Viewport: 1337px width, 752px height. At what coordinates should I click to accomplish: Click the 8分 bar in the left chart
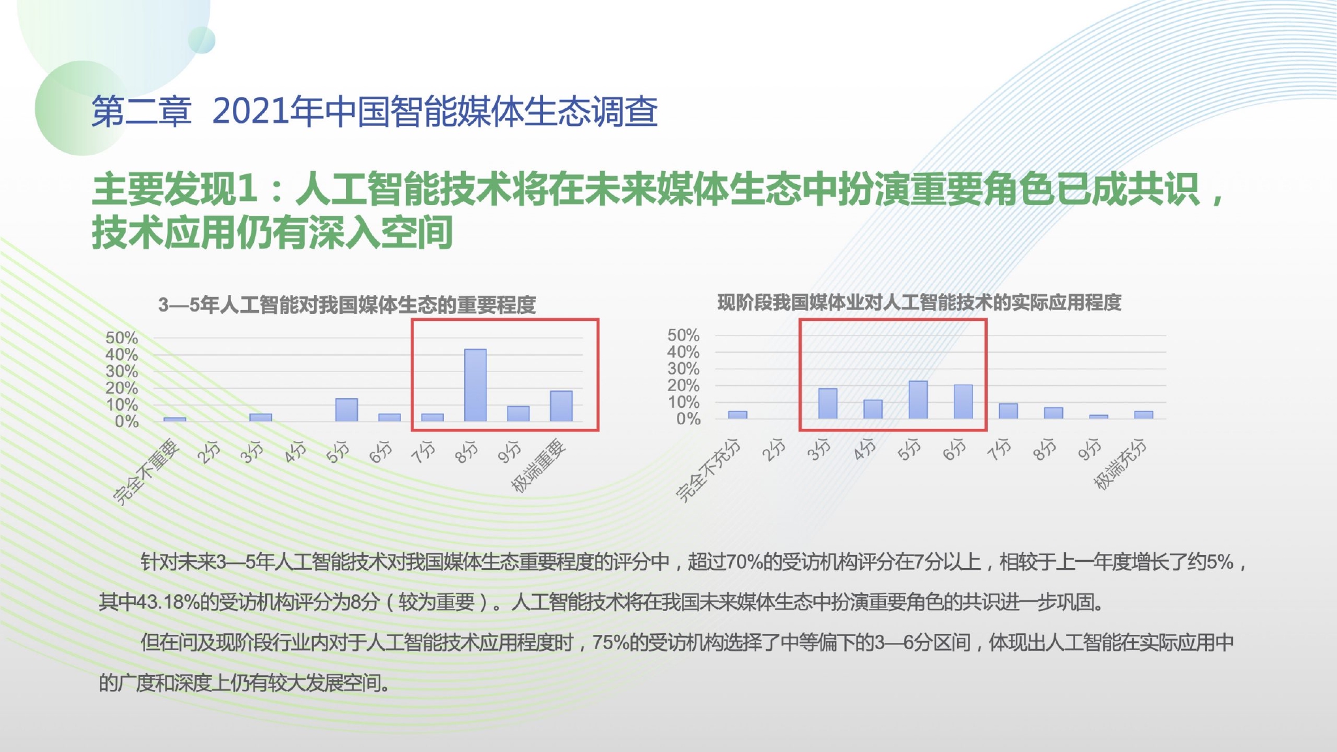(475, 385)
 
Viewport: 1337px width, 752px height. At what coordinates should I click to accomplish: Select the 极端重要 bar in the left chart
(561, 406)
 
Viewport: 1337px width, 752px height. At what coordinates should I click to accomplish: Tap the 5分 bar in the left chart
(347, 410)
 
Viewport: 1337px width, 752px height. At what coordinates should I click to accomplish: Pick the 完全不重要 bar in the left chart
(175, 419)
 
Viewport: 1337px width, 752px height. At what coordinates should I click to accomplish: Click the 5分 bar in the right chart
(918, 399)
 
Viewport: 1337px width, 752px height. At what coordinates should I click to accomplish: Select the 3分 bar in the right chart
(828, 403)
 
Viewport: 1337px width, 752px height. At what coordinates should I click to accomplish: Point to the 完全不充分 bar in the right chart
(738, 415)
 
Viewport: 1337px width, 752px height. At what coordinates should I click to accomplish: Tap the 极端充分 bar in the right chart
(1144, 415)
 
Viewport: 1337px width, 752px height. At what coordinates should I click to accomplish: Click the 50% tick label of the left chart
(122, 338)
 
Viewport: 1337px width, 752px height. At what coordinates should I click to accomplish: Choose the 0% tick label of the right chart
(688, 419)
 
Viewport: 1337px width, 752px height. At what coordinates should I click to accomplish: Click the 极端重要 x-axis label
(538, 466)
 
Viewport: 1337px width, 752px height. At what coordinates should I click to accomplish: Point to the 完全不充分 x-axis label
(708, 471)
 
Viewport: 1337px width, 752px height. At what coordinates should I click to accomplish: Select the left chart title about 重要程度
(347, 305)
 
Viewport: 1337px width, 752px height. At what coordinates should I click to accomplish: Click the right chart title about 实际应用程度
(919, 302)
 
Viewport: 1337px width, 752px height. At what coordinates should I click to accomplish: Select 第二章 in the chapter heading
(142, 112)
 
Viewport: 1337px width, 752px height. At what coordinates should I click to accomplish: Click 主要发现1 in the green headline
(174, 189)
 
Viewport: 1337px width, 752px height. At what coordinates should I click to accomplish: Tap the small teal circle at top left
(202, 40)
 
